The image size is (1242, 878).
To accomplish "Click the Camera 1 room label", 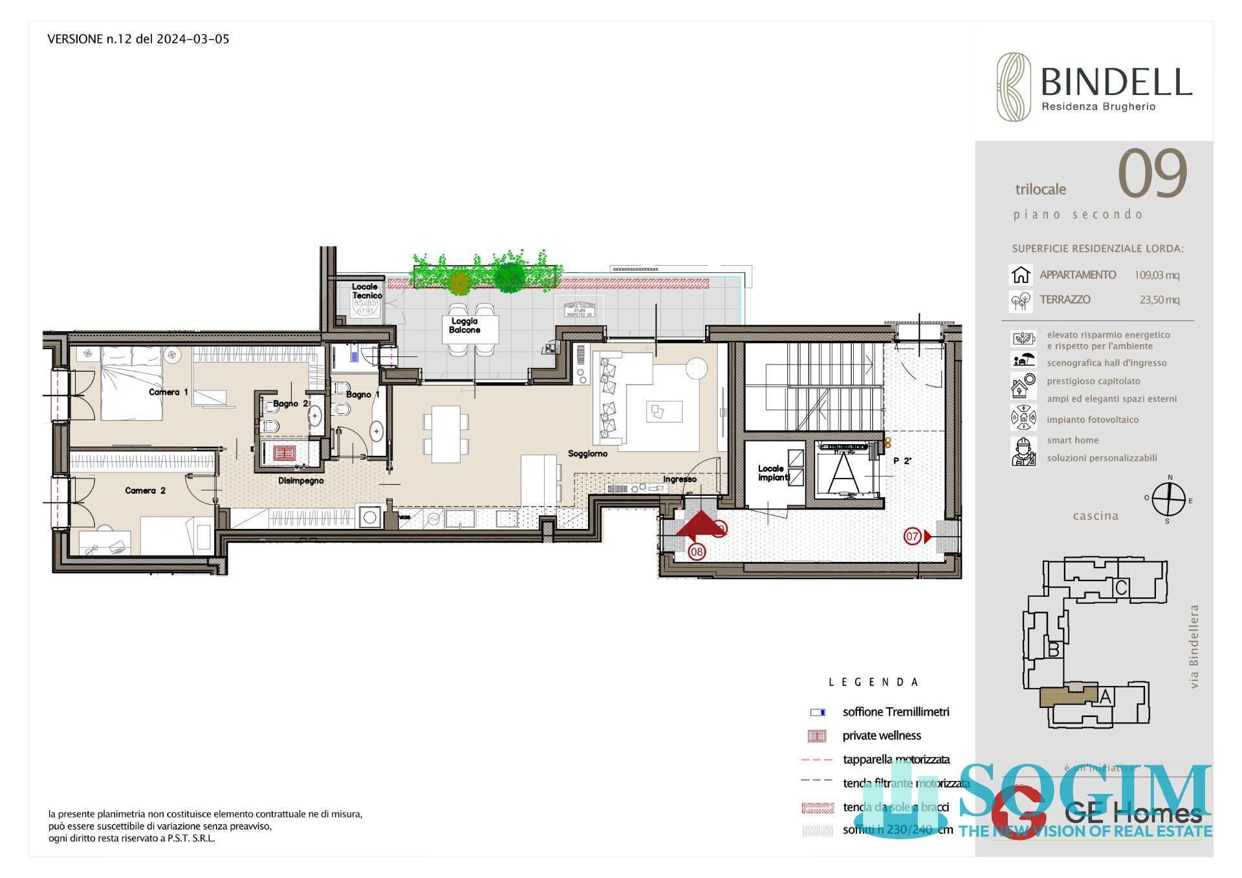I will click(x=168, y=392).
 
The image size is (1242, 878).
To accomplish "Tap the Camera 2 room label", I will click(x=145, y=491).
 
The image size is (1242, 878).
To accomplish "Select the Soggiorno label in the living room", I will click(x=587, y=454).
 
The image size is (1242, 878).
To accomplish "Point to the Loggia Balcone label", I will click(x=464, y=326).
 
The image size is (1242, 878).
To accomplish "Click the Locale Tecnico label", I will click(x=366, y=291).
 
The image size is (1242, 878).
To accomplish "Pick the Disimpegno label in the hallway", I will click(x=301, y=480).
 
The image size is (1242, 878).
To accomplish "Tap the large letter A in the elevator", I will click(x=844, y=474).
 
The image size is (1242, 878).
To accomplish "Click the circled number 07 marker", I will click(x=912, y=536).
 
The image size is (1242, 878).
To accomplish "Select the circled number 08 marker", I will click(x=697, y=551).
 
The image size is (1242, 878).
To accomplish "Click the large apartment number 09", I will click(x=1153, y=174).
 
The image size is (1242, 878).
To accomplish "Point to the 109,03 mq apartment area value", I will click(x=1157, y=275).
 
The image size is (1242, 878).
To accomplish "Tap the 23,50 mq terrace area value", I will click(x=1159, y=299).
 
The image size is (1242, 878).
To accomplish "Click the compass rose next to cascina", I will click(x=1168, y=500).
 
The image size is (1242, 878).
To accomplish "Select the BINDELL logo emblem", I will click(x=1013, y=87).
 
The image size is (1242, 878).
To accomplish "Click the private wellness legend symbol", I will click(x=817, y=736).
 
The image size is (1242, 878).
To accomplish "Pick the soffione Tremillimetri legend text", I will click(x=896, y=712).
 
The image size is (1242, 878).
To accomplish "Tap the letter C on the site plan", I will click(x=1122, y=588).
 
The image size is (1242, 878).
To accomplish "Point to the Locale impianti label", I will click(x=773, y=473).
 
